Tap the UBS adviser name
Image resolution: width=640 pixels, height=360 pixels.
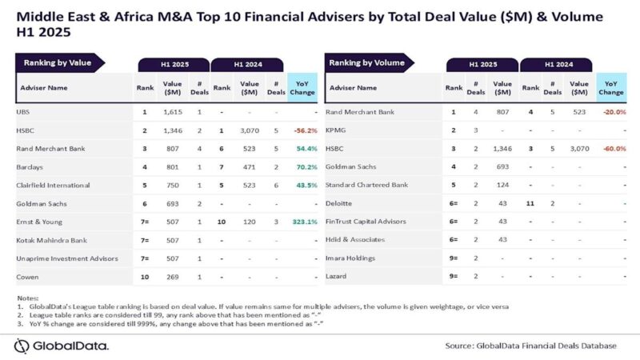pyautogui.click(x=22, y=114)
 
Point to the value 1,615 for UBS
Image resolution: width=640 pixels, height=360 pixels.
pyautogui.click(x=174, y=114)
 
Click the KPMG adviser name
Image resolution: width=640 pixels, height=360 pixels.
pyautogui.click(x=337, y=130)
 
